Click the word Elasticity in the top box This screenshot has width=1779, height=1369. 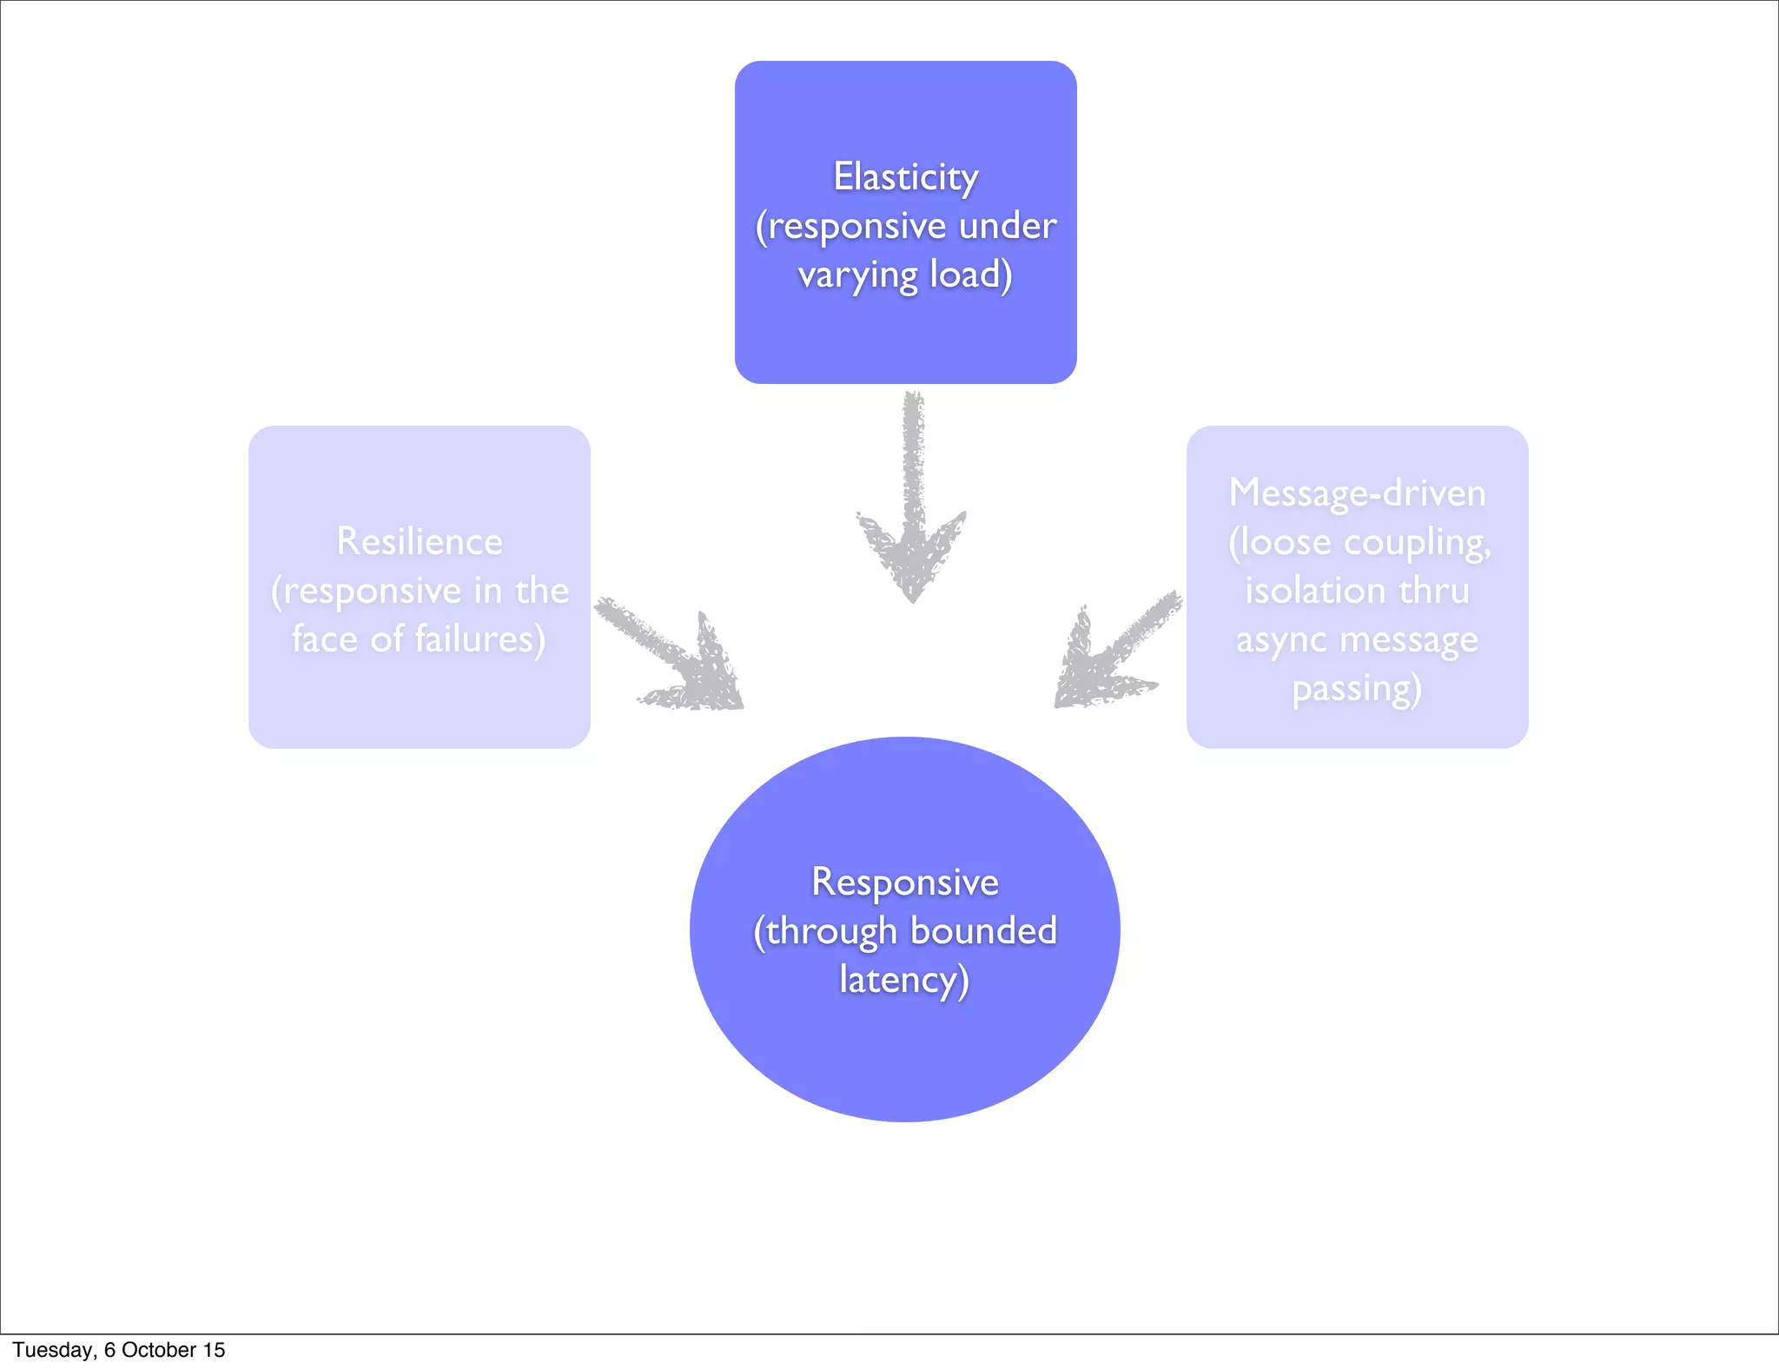click(x=905, y=178)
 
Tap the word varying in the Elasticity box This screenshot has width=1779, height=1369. click(x=857, y=276)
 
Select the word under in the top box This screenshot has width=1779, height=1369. click(x=1008, y=227)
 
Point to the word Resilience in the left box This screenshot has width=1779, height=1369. click(x=420, y=542)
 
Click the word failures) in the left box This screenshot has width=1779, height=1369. click(x=479, y=639)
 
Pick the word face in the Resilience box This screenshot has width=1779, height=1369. click(x=324, y=639)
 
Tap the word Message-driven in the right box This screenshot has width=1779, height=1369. click(x=1357, y=493)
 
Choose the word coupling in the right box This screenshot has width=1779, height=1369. click(x=1416, y=544)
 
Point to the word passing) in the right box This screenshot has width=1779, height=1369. click(x=1357, y=690)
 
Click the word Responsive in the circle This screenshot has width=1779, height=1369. click(x=905, y=883)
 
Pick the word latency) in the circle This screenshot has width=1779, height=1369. click(x=904, y=981)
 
